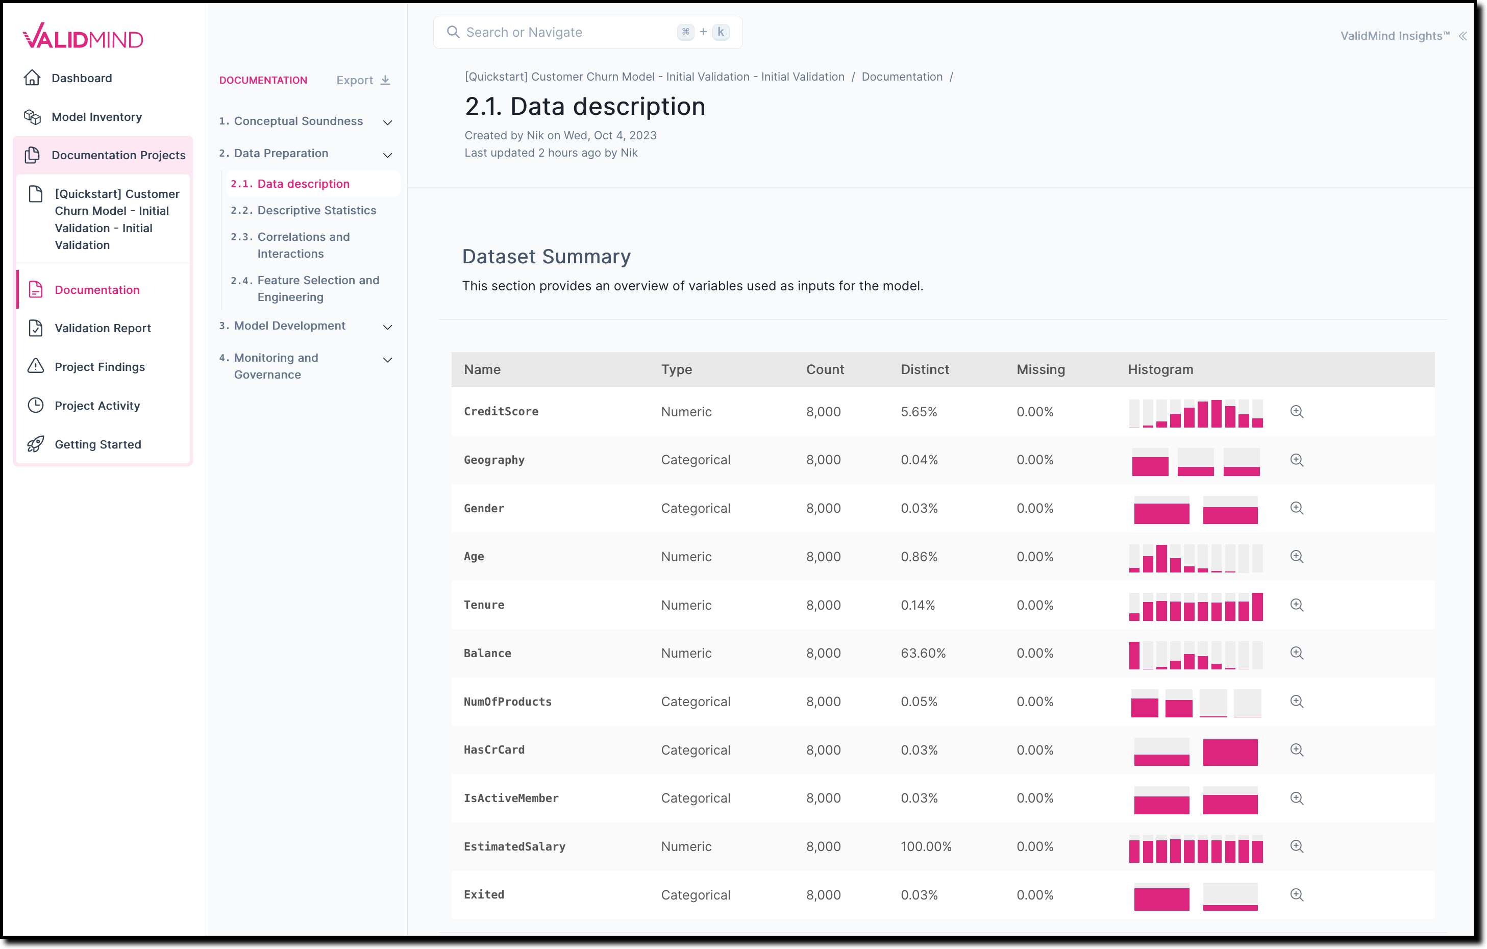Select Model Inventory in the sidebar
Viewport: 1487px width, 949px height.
pyautogui.click(x=96, y=117)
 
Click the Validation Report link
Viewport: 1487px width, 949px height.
pyautogui.click(x=103, y=328)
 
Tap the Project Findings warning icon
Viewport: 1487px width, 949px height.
pyautogui.click(x=36, y=366)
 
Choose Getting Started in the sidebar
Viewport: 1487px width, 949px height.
pyautogui.click(x=97, y=444)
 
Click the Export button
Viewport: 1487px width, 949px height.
pyautogui.click(x=362, y=80)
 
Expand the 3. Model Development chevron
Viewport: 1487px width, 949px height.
pyautogui.click(x=388, y=327)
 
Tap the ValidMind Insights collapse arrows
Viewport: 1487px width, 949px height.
pyautogui.click(x=1463, y=36)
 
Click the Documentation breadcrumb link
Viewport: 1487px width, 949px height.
pyautogui.click(x=902, y=77)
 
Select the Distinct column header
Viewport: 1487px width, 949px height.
pyautogui.click(x=925, y=369)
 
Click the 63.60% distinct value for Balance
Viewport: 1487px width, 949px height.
pyautogui.click(x=923, y=653)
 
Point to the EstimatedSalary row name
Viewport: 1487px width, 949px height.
pyautogui.click(x=514, y=846)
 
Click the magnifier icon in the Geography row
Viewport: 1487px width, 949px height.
pyautogui.click(x=1297, y=460)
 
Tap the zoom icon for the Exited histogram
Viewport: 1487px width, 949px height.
pyautogui.click(x=1297, y=895)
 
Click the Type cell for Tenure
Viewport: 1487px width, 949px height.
pyautogui.click(x=686, y=605)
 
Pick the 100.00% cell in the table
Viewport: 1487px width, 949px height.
pyautogui.click(x=926, y=846)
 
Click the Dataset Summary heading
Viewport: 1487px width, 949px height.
pyautogui.click(x=546, y=256)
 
